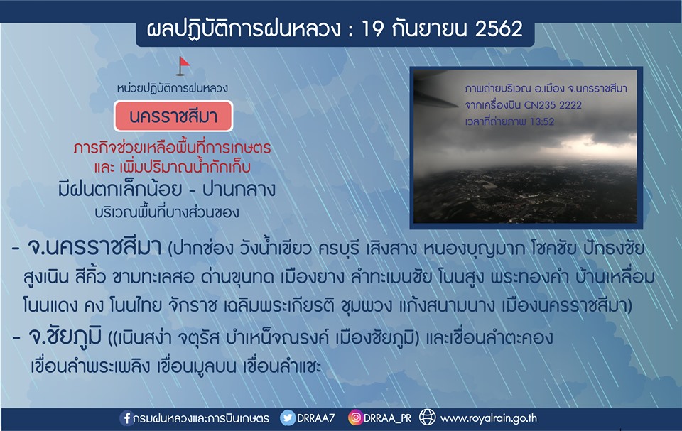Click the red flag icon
click(183, 66)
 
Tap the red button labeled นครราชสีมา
click(173, 116)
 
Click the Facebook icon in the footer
click(126, 418)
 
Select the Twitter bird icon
click(288, 418)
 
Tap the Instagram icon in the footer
click(355, 418)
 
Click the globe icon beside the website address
click(427, 418)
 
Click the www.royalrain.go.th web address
click(489, 418)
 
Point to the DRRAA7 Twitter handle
click(315, 418)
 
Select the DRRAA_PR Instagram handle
click(387, 418)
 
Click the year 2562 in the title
click(499, 28)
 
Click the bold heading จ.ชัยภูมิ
click(65, 336)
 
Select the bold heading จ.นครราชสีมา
click(94, 248)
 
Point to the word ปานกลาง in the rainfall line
click(239, 190)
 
